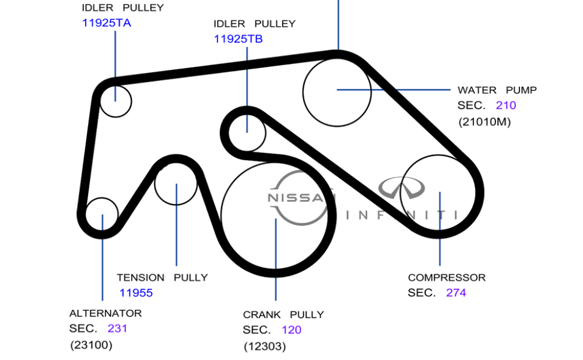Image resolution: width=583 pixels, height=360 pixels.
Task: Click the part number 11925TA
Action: click(x=106, y=23)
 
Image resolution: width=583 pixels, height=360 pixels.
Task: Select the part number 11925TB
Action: click(x=238, y=39)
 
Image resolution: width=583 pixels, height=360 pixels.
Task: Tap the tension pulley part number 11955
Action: click(x=136, y=293)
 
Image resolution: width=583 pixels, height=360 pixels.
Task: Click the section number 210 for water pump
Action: click(x=506, y=105)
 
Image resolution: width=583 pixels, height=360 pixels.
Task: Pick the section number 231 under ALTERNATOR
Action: click(x=117, y=329)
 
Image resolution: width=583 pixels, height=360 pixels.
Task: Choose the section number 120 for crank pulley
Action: click(x=291, y=330)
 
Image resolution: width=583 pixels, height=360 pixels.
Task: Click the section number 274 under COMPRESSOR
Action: click(x=456, y=293)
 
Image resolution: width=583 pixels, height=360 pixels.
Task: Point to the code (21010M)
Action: click(x=484, y=122)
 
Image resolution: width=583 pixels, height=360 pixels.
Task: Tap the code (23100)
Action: click(x=91, y=345)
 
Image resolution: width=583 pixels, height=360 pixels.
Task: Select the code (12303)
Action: click(x=265, y=347)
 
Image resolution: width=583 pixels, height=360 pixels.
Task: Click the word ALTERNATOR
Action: click(x=105, y=313)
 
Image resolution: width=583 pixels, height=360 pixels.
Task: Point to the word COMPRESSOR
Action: click(x=447, y=278)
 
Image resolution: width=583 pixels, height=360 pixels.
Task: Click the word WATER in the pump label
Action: click(x=477, y=90)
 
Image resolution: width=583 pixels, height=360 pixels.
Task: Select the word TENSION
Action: click(x=141, y=278)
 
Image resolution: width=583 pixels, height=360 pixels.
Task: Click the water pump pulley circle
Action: click(x=337, y=91)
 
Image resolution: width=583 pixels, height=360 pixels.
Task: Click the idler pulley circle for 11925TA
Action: click(x=115, y=101)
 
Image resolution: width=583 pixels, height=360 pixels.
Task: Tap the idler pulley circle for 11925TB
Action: click(x=247, y=133)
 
